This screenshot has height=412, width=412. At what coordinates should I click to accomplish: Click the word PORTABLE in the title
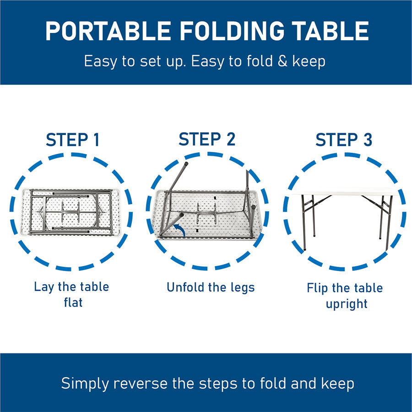(x=108, y=31)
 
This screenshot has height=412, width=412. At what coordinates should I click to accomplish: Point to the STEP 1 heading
(x=72, y=140)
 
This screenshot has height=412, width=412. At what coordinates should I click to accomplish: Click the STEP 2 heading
(x=207, y=139)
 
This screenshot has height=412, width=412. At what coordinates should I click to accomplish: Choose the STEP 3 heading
(x=344, y=140)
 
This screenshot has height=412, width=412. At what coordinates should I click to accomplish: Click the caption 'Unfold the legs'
(x=210, y=287)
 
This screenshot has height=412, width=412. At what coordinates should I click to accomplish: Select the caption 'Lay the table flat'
(x=71, y=294)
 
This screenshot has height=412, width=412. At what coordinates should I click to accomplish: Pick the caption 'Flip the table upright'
(x=345, y=296)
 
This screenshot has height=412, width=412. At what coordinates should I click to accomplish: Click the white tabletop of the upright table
(x=343, y=191)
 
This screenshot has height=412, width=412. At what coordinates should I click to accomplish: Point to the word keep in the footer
(x=337, y=384)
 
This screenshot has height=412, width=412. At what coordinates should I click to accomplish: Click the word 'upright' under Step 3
(x=347, y=304)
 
